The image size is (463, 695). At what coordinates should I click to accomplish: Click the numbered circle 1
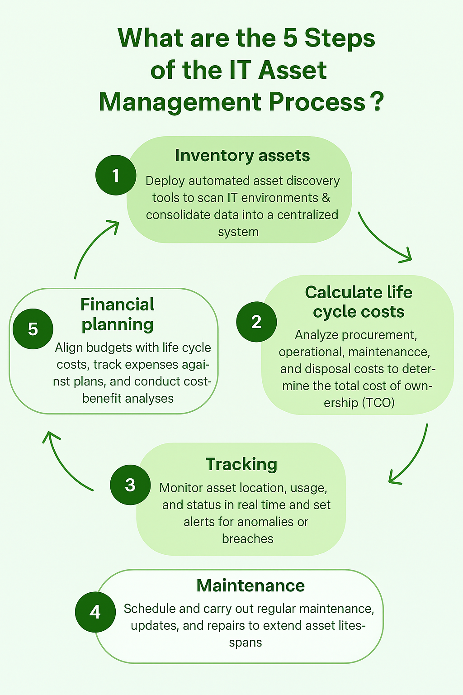[x=116, y=175]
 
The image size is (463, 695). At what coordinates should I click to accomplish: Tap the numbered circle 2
[x=256, y=322]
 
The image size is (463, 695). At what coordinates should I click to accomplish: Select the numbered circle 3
[x=130, y=485]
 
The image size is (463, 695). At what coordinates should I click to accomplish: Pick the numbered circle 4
[x=95, y=612]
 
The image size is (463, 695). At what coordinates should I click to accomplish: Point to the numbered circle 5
[x=33, y=329]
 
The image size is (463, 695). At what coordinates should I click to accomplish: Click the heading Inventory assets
[x=242, y=156]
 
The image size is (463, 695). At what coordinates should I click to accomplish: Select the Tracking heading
[x=241, y=464]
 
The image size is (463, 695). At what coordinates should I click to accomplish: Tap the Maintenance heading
[x=250, y=586]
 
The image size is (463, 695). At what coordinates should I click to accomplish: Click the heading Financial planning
[x=118, y=314]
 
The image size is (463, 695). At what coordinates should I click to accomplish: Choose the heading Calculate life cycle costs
[x=359, y=302]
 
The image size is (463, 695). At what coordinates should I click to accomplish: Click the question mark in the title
[x=376, y=102]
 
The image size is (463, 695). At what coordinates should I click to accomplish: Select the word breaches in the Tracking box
[x=248, y=538]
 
